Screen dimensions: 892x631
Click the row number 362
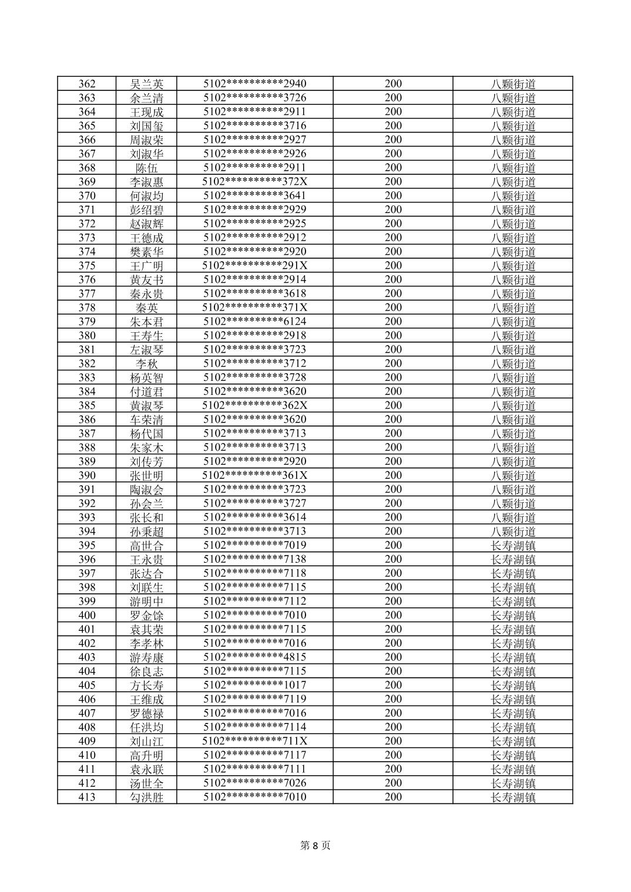coord(87,84)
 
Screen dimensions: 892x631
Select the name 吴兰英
coord(147,84)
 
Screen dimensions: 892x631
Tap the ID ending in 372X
coord(255,182)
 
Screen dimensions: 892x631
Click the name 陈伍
coord(147,168)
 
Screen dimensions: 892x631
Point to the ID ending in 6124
coord(255,322)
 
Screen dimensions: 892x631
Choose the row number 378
coord(87,308)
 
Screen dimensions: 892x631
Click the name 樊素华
coord(147,252)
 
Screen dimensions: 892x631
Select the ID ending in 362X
coord(255,406)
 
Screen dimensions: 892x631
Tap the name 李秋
coord(147,364)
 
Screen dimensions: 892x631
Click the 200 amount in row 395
coord(393,545)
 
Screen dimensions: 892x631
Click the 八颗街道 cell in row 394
coord(513,532)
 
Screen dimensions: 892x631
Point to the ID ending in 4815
coord(255,657)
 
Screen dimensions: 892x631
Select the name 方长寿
coord(147,685)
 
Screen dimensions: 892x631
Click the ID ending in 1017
coord(255,685)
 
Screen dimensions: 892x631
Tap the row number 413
coord(87,797)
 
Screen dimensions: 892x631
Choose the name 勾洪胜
coord(147,797)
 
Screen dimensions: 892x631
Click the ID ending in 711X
coord(255,741)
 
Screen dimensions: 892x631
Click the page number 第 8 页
coord(315,846)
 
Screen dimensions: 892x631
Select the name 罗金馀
coord(147,616)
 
